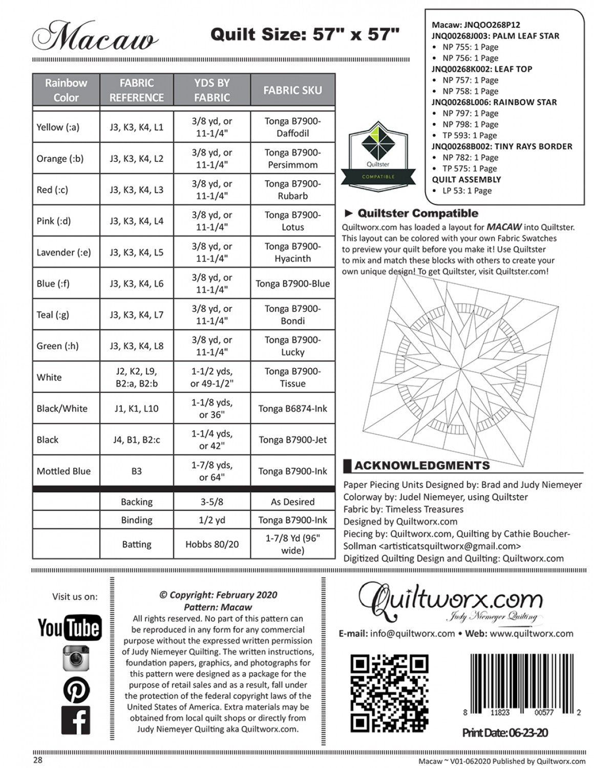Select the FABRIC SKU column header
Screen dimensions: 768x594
pos(292,90)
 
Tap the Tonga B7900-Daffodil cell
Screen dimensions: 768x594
pos(292,127)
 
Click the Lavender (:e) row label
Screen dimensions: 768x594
pos(63,252)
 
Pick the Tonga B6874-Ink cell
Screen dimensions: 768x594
pos(292,409)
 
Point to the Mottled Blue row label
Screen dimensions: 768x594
pos(63,471)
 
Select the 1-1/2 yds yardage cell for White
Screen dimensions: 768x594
pos(211,377)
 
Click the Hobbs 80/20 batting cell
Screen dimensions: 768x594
pos(211,544)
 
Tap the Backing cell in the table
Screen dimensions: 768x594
pos(136,502)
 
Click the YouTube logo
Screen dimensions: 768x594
pos(70,628)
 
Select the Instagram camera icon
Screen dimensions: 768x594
pos(76,658)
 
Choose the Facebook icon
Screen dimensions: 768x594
pos(76,720)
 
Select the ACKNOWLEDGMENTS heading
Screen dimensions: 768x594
pos(421,465)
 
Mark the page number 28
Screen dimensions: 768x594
pos(37,760)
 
